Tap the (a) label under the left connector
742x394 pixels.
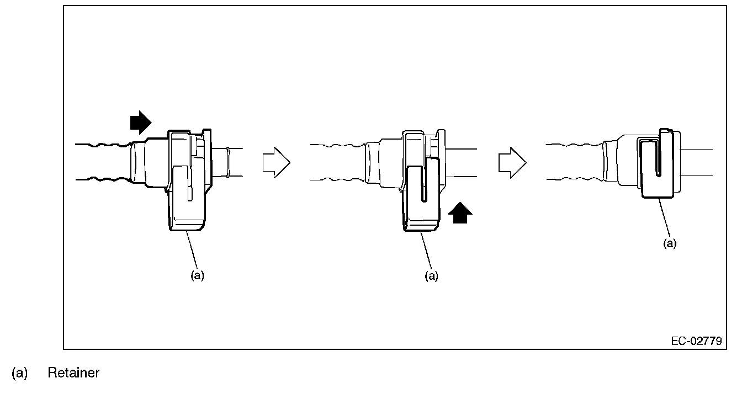197,275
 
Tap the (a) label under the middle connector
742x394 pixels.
431,275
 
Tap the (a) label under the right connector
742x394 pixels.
669,243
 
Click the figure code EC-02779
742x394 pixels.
696,341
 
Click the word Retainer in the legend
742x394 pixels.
73,373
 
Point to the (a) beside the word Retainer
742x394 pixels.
19,373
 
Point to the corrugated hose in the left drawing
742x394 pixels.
102,162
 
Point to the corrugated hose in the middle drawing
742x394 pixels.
337,162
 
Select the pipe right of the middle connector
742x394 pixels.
461,162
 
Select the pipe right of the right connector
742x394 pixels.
697,162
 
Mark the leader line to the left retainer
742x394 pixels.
192,250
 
